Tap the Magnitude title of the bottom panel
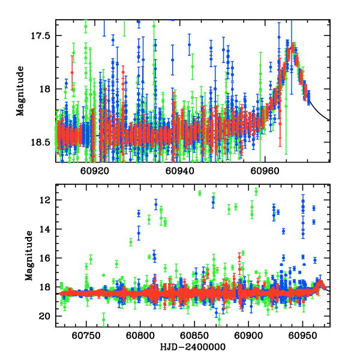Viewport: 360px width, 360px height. click(x=28, y=256)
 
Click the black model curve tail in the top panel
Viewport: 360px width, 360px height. click(x=321, y=114)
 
